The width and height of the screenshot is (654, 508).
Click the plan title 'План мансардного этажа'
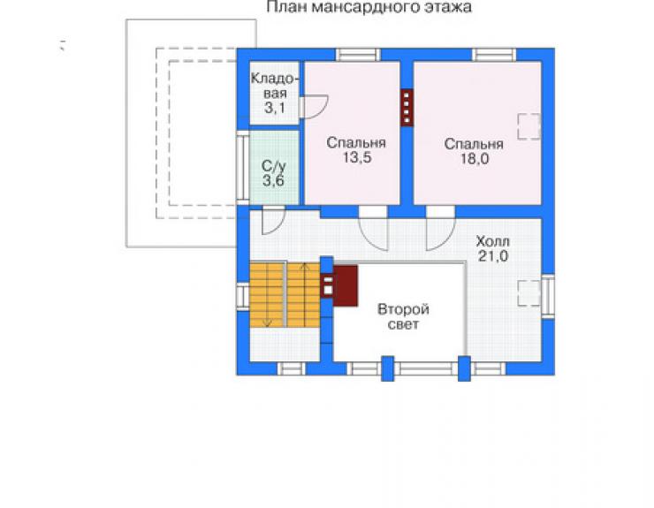pyautogui.click(x=369, y=7)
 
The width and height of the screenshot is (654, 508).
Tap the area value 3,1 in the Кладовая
pyautogui.click(x=275, y=108)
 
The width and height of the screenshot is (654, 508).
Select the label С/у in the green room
pyautogui.click(x=274, y=166)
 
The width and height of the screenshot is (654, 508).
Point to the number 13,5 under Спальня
pyautogui.click(x=357, y=157)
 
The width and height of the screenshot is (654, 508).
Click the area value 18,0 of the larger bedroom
pyautogui.click(x=475, y=158)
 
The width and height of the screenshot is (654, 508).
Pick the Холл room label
pyautogui.click(x=492, y=241)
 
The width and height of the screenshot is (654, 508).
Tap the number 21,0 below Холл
pyautogui.click(x=493, y=255)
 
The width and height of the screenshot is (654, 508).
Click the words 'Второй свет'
pyautogui.click(x=403, y=316)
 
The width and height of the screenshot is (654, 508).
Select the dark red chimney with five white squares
pyautogui.click(x=407, y=107)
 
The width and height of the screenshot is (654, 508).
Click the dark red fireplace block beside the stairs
pyautogui.click(x=345, y=285)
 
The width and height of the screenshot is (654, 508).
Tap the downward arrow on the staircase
pyautogui.click(x=268, y=294)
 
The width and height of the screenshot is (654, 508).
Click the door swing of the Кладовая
pyautogui.click(x=314, y=107)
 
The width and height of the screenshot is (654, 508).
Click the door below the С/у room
pyautogui.click(x=273, y=221)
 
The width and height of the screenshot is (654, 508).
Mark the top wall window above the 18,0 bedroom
pyautogui.click(x=494, y=55)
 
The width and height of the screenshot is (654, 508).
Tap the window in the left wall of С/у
pyautogui.click(x=243, y=165)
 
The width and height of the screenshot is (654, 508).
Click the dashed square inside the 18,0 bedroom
pyautogui.click(x=529, y=126)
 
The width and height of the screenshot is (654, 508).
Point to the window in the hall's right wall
pyautogui.click(x=548, y=297)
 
